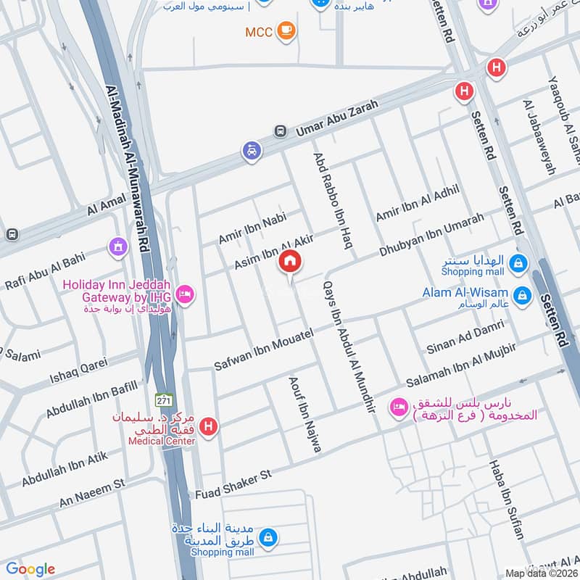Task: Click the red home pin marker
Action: [290, 261]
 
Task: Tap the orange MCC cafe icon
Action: [286, 30]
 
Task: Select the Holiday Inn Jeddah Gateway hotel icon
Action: [186, 294]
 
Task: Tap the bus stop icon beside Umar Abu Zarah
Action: [279, 131]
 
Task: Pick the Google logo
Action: [30, 568]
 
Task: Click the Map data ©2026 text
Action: [541, 573]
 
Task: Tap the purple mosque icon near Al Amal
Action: [115, 247]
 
